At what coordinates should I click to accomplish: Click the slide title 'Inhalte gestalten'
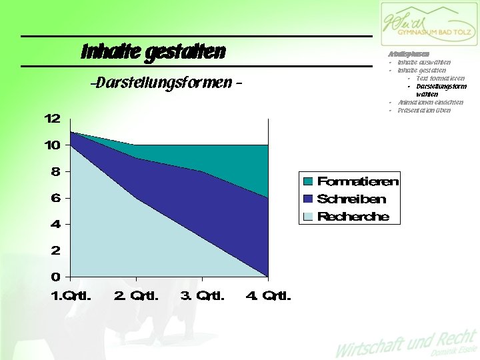click(x=153, y=52)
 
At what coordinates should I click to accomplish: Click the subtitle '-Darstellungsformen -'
click(x=165, y=84)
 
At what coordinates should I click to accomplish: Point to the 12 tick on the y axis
click(x=53, y=119)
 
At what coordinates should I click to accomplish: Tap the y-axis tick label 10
click(x=53, y=145)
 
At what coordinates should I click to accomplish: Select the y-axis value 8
click(x=56, y=171)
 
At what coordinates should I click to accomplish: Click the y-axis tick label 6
click(x=56, y=198)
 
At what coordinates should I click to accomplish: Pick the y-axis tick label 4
click(x=56, y=224)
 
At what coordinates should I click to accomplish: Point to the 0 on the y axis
click(x=56, y=277)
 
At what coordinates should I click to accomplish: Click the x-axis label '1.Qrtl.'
click(x=71, y=295)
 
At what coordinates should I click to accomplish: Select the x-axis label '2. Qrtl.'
click(x=137, y=295)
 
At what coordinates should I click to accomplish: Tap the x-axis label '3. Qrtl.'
click(x=203, y=295)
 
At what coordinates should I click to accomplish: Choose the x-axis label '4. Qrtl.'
click(x=269, y=295)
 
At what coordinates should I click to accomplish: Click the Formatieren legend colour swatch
click(x=308, y=181)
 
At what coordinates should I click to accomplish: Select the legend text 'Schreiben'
click(x=351, y=199)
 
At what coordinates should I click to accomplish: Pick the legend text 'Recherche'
click(x=353, y=217)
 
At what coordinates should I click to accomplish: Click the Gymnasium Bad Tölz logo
click(x=429, y=25)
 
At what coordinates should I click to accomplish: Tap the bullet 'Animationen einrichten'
click(x=430, y=103)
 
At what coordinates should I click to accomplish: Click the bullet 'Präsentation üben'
click(x=424, y=111)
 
